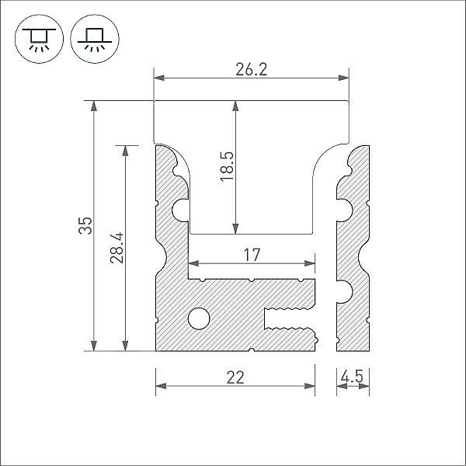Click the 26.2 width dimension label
[x=251, y=69]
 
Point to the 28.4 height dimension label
[x=116, y=247]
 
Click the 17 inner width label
[x=251, y=254]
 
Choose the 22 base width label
[x=235, y=377]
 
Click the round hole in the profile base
[x=199, y=318]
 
